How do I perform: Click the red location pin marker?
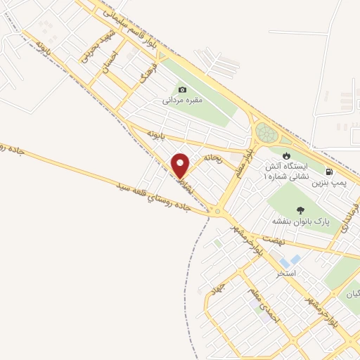coord(181,165)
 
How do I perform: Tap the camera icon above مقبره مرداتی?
coord(183,89)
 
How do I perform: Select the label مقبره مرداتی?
coord(183,101)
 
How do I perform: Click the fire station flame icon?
coord(286,155)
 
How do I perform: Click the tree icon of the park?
coord(301,210)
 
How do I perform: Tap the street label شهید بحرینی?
coord(86,48)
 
